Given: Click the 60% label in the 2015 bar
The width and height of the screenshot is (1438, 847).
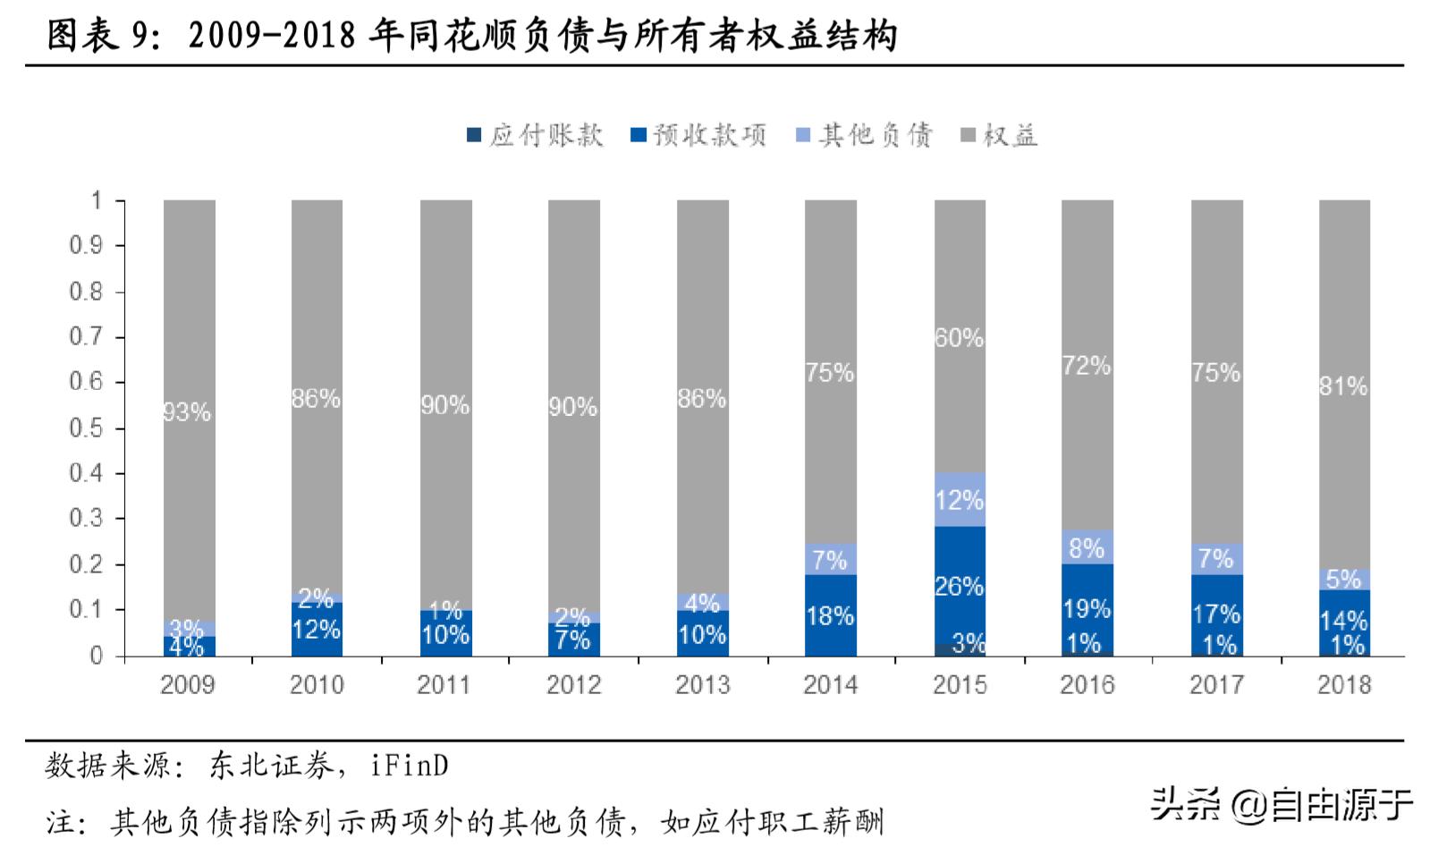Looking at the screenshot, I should (x=960, y=338).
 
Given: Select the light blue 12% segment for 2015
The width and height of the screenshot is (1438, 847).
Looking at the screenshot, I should (x=960, y=500).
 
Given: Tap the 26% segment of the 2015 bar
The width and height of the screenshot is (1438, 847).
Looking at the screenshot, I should (x=960, y=586).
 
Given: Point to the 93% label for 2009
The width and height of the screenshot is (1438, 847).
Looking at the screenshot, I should (x=188, y=412).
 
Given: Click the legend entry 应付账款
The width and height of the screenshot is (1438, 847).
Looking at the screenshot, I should (x=535, y=136).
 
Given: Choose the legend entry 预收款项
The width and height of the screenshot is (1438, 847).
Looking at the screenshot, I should (x=698, y=136).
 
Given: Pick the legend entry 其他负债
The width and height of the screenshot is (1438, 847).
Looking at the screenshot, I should (x=864, y=136).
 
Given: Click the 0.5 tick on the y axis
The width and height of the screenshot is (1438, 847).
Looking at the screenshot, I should (x=86, y=428).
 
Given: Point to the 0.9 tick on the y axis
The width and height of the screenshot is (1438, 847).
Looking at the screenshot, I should (x=86, y=246).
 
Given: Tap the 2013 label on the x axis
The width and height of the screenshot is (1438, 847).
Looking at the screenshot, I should (x=702, y=685).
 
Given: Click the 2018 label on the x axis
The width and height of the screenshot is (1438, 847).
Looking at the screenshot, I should (x=1344, y=685).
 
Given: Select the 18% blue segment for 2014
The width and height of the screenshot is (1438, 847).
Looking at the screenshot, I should (x=831, y=615).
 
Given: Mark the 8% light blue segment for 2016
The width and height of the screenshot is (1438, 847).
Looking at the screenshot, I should (x=1087, y=547).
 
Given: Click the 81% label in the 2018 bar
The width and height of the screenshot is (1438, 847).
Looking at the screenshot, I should (x=1344, y=386).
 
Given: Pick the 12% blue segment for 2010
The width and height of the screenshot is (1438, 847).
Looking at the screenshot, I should (x=317, y=630).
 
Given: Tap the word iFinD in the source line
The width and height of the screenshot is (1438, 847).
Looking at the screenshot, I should (x=410, y=766).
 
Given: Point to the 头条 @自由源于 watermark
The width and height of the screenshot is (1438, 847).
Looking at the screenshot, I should (x=1281, y=804).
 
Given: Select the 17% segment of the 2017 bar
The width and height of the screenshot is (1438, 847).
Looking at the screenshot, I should (x=1216, y=614).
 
